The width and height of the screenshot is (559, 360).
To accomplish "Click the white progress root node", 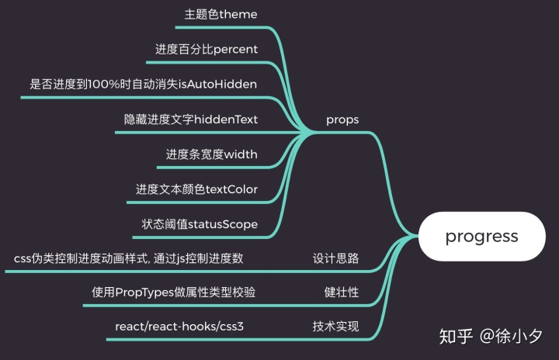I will pyautogui.click(x=481, y=237).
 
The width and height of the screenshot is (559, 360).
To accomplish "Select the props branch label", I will pyautogui.click(x=342, y=119).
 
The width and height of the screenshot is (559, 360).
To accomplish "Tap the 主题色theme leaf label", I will pyautogui.click(x=220, y=15).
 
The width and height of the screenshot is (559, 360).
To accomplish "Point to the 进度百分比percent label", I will pyautogui.click(x=207, y=49).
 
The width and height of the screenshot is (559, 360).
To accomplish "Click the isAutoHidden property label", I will pyautogui.click(x=143, y=84).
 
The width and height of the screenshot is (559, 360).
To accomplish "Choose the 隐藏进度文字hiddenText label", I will pyautogui.click(x=191, y=119).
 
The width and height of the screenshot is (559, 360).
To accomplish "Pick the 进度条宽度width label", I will pyautogui.click(x=211, y=154).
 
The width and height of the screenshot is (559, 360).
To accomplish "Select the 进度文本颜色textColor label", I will pyautogui.click(x=196, y=189).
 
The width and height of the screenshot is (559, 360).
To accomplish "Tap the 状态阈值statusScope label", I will pyautogui.click(x=200, y=224).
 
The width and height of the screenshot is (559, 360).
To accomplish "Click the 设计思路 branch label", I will pyautogui.click(x=335, y=258).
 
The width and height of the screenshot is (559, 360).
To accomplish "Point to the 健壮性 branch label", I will pyautogui.click(x=342, y=292).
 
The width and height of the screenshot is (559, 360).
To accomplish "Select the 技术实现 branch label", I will pyautogui.click(x=335, y=327).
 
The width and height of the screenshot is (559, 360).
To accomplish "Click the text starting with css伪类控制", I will pyautogui.click(x=134, y=258).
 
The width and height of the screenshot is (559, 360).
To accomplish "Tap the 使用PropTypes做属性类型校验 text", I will pyautogui.click(x=174, y=292).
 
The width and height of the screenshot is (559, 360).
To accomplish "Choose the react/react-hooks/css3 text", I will pyautogui.click(x=179, y=327).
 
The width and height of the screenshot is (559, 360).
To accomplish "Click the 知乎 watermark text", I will pyautogui.click(x=456, y=337).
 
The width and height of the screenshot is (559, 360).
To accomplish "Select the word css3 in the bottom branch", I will pyautogui.click(x=231, y=327).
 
